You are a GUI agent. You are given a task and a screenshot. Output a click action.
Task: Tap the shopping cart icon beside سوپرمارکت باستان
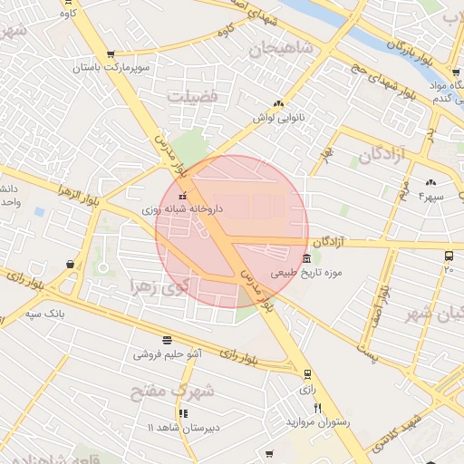tap(111, 54)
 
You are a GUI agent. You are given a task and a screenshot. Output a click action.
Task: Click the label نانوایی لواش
tap(278, 118)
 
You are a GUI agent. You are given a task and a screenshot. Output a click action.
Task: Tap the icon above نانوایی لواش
tap(278, 104)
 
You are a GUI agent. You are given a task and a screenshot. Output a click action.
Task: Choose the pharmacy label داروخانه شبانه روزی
tap(180, 208)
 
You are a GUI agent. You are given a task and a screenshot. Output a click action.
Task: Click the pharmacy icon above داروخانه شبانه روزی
tap(181, 196)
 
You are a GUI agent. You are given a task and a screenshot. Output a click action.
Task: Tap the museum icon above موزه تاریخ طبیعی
tap(306, 259)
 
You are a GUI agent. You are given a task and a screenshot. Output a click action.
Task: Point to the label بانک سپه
tap(47, 314)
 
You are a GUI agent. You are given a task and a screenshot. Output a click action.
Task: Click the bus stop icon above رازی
tap(307, 373)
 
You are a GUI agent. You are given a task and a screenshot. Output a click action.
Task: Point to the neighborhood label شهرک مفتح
tap(172, 391)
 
